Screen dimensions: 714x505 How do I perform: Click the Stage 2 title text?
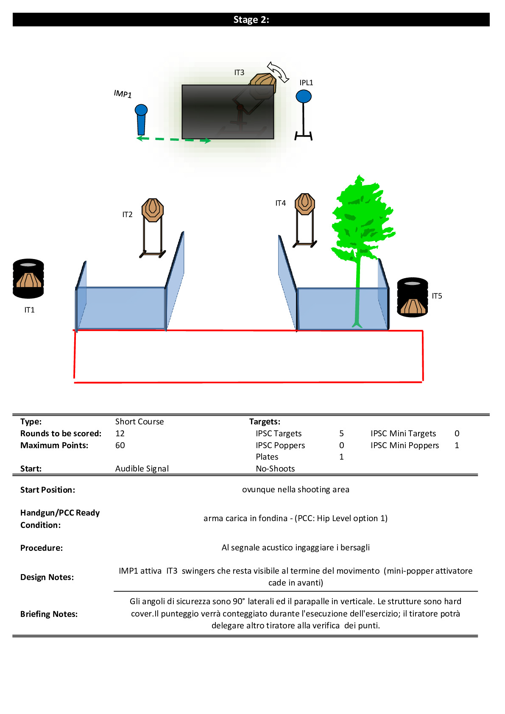coord(251,20)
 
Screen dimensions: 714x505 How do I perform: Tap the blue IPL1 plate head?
coord(304,97)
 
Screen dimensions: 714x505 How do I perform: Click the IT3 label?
coord(239,73)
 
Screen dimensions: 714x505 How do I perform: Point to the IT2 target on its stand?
coord(153,210)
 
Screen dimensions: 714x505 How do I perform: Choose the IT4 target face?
coord(305,204)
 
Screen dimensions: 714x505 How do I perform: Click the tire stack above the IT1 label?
coord(28,279)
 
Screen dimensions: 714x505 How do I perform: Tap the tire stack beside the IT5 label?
coord(412,297)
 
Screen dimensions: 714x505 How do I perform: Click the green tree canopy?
coord(363,218)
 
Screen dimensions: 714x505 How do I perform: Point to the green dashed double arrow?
coord(174,139)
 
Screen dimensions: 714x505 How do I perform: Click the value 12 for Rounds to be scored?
coord(120,433)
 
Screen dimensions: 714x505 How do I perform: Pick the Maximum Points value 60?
coord(120,445)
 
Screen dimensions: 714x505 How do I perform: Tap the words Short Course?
coord(140,421)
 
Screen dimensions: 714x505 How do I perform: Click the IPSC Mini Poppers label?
coord(405,445)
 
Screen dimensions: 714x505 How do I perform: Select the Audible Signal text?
coord(142,469)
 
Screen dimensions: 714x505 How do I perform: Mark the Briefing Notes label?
coord(49,614)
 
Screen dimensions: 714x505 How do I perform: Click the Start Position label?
coord(47,490)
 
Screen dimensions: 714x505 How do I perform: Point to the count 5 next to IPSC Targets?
coord(341,433)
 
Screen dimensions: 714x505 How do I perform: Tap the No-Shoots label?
coord(275,469)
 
